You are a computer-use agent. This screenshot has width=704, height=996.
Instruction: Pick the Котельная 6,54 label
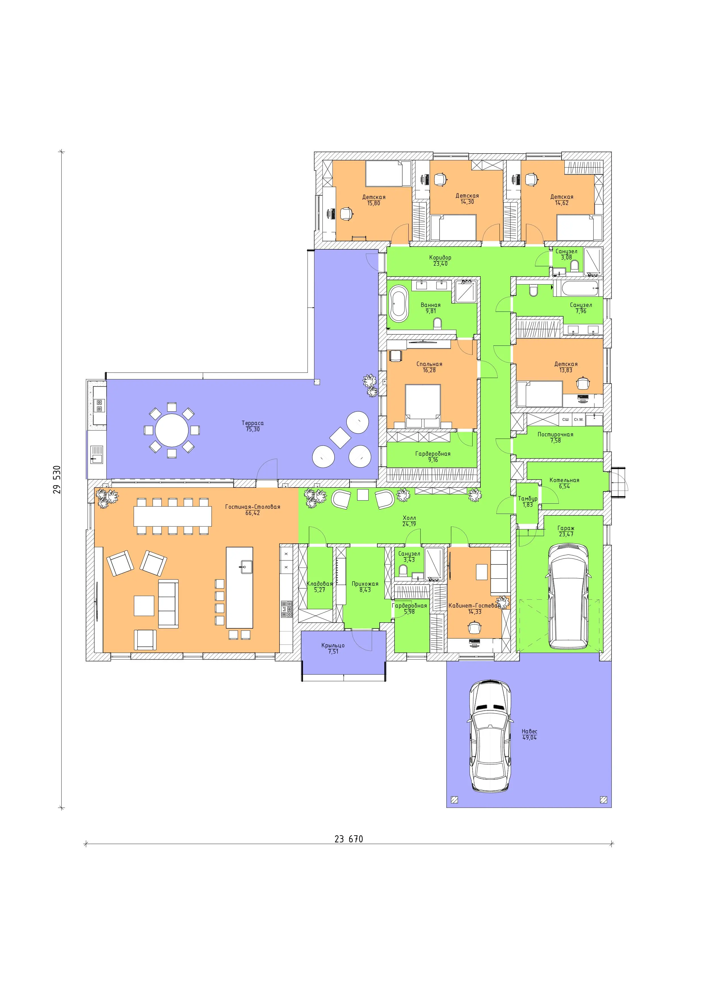[x=564, y=483]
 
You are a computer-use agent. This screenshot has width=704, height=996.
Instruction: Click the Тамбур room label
[x=528, y=499]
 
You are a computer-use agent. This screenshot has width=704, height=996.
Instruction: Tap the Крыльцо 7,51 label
[x=333, y=648]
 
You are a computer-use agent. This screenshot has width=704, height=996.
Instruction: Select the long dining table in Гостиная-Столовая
[x=173, y=516]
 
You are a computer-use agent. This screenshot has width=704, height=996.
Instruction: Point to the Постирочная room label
[x=555, y=434]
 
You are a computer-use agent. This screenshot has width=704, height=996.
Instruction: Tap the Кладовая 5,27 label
[x=320, y=587]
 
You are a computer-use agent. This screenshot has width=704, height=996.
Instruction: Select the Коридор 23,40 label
[x=440, y=260]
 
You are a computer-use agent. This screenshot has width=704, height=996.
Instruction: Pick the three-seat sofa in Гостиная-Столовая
[x=168, y=603]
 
